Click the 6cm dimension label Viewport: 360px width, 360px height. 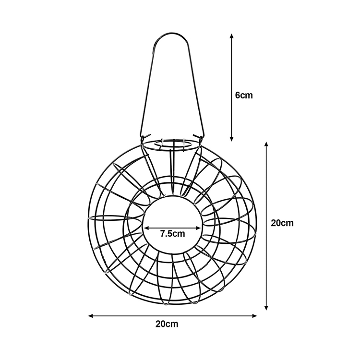[x=244, y=96]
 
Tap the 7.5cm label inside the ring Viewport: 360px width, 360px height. [x=172, y=234]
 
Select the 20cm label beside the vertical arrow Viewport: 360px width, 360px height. [x=282, y=223]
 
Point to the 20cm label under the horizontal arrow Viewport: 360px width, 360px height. [x=167, y=324]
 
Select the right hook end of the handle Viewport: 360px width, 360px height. [x=198, y=136]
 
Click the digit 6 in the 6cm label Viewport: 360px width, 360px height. [x=238, y=96]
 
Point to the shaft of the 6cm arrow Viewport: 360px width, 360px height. [x=232, y=87]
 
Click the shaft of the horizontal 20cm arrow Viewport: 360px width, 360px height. [x=173, y=316]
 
